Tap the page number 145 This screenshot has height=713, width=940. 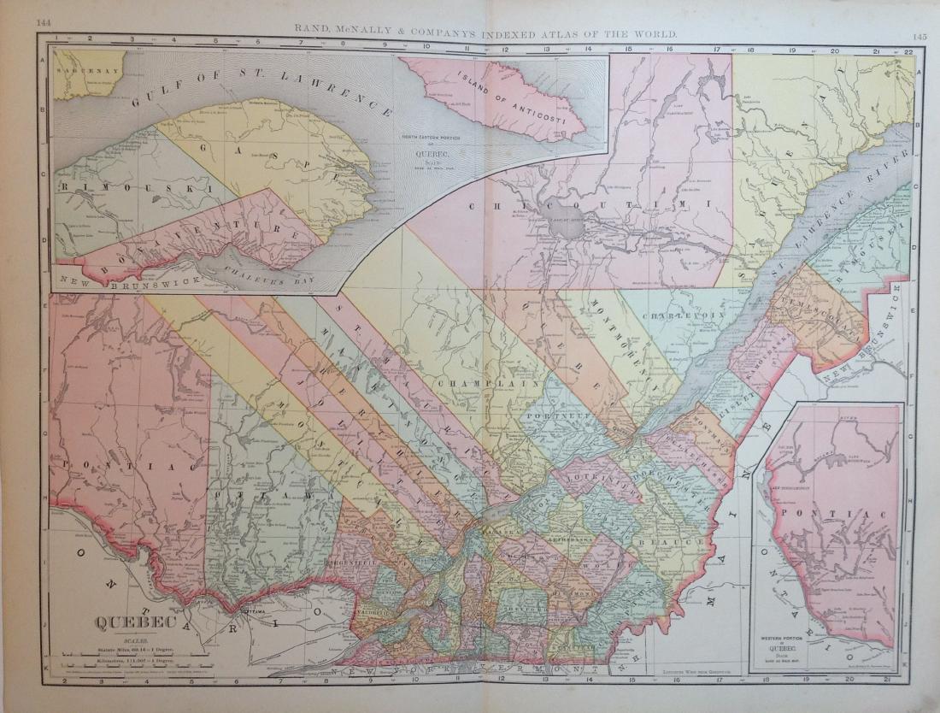pyautogui.click(x=919, y=36)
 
